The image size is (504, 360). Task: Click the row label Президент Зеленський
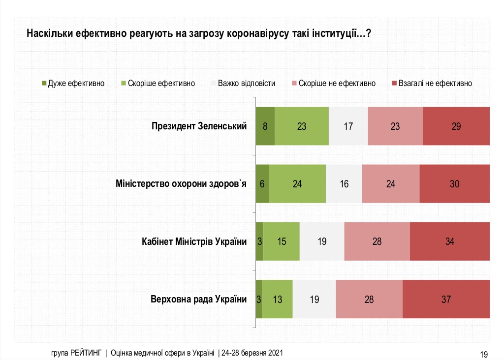199,126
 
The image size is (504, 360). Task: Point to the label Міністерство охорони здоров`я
181,184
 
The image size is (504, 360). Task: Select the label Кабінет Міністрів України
193,241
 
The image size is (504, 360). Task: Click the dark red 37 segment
446,299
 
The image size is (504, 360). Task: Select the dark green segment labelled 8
265,126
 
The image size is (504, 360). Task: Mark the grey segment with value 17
348,126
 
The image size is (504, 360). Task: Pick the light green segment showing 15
282,241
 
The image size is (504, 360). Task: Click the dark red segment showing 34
449,241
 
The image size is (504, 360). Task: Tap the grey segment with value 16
344,184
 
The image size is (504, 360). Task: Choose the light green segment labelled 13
277,299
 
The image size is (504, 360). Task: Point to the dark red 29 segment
456,126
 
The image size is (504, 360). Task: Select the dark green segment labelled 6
262,184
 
